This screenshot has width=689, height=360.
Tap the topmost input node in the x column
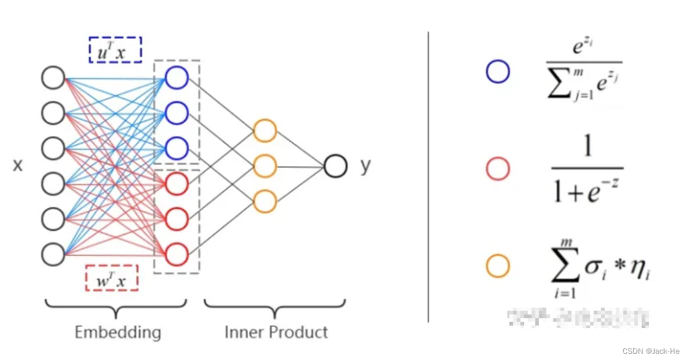[54, 78]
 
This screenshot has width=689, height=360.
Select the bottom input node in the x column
[54, 254]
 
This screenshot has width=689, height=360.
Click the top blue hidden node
[177, 78]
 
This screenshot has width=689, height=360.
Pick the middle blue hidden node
[177, 113]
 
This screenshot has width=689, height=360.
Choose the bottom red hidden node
[177, 254]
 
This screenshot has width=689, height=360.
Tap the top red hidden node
[177, 183]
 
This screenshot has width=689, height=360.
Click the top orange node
[265, 130]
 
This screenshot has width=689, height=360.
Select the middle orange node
[265, 166]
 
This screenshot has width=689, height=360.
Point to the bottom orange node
[265, 201]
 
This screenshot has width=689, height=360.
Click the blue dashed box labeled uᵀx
[115, 50]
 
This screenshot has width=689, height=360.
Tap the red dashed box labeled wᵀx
[111, 278]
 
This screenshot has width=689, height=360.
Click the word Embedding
[117, 333]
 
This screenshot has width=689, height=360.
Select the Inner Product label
[276, 333]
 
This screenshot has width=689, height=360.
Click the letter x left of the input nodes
[18, 166]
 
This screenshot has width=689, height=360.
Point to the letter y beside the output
[365, 166]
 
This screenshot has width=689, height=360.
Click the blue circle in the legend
[497, 72]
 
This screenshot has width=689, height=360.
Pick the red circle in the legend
[497, 169]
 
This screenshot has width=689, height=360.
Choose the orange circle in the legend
[497, 266]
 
